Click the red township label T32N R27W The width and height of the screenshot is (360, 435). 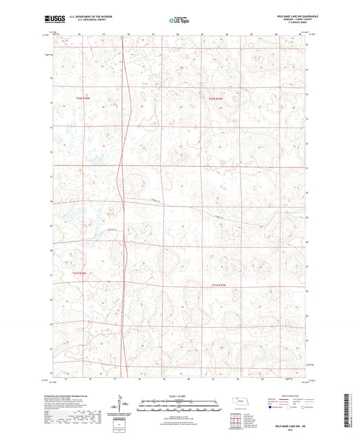(217, 100)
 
